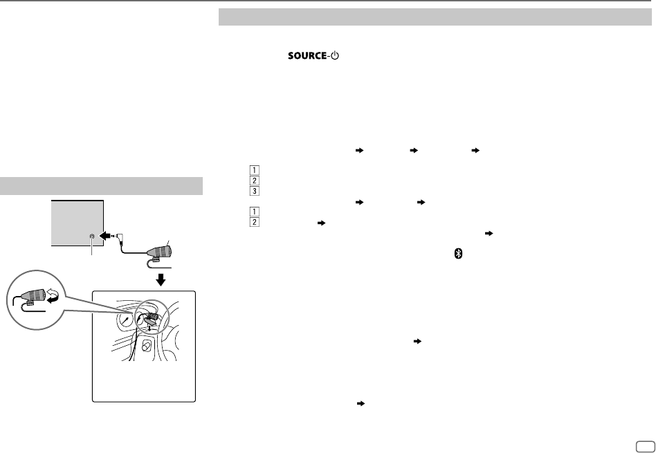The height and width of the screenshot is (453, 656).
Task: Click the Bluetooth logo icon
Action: click(x=457, y=255)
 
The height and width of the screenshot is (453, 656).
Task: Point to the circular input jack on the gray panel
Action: click(x=92, y=237)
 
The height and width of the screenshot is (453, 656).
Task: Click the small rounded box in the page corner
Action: click(x=643, y=446)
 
